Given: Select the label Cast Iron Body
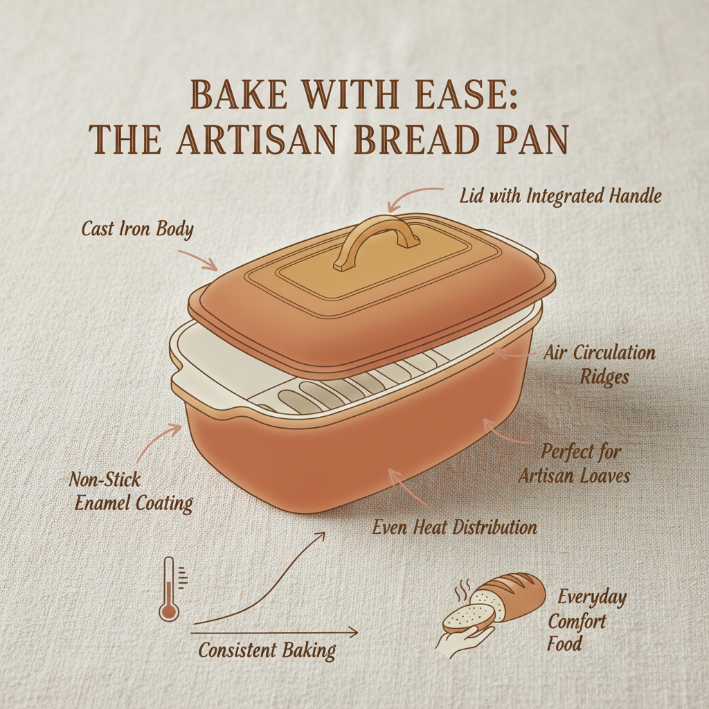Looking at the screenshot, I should (x=137, y=229).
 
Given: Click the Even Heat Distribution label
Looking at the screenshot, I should (x=455, y=527).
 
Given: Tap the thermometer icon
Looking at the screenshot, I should (x=168, y=589).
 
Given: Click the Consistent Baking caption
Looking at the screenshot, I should (x=267, y=651).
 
